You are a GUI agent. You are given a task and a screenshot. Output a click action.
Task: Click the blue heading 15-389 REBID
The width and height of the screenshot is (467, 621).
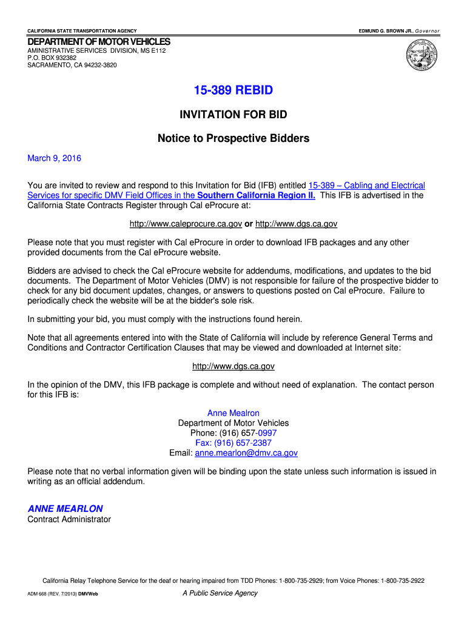point(233,90)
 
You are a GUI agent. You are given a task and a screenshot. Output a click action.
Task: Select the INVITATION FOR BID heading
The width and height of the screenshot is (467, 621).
point(233,115)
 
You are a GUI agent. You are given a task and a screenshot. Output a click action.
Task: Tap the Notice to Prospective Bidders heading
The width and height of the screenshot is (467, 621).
point(233,138)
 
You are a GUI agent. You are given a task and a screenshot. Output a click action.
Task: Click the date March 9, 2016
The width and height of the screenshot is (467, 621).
point(54,158)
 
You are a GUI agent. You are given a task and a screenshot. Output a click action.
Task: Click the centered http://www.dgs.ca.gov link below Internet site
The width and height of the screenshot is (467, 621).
point(233,366)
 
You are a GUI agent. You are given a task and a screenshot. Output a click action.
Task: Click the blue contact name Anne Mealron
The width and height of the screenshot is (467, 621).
point(233,413)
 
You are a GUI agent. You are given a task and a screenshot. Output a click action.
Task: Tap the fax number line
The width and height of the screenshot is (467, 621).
point(233,443)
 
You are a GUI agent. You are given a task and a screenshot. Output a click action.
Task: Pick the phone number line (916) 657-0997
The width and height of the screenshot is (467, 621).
point(233,433)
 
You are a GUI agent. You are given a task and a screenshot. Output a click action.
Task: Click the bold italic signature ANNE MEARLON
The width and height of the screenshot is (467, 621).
point(66,509)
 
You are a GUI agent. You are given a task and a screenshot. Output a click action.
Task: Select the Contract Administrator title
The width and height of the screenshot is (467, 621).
point(69,519)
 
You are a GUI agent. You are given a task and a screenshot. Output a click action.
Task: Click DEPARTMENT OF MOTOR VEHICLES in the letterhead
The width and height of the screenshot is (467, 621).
point(99,41)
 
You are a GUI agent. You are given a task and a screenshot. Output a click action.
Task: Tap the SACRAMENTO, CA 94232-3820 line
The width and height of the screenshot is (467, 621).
point(72,65)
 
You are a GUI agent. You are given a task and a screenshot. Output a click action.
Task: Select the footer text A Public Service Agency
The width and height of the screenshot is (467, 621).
point(220,593)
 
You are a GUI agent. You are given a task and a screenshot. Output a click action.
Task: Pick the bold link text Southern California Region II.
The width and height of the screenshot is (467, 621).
point(257,195)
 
